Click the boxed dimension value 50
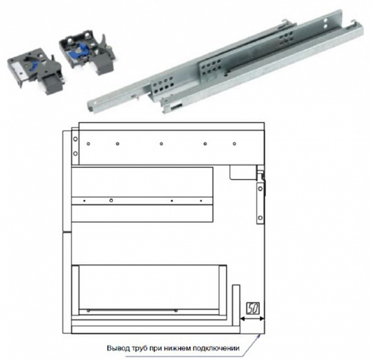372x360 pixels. (253, 308)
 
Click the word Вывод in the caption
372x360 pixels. (118, 348)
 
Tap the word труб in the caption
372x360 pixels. (139, 349)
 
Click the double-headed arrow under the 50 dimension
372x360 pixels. (252, 318)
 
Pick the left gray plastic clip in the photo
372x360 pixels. (35, 70)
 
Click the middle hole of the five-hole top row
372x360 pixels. (161, 143)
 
